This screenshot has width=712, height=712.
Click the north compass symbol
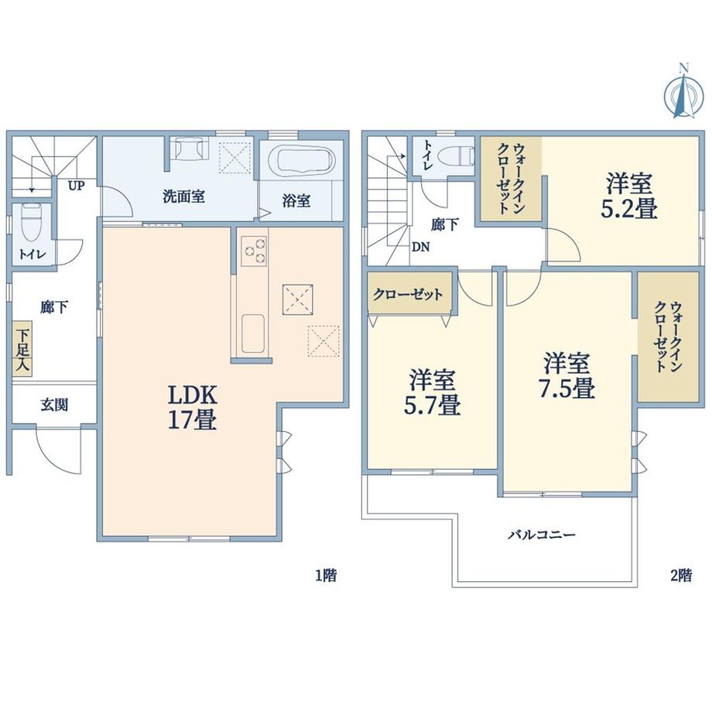(x=682, y=91)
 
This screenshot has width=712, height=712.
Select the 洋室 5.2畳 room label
(x=631, y=197)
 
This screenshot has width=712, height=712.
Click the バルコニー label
(x=541, y=535)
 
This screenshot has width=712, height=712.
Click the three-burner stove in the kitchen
(x=255, y=249)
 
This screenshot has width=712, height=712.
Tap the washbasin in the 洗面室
(x=188, y=149)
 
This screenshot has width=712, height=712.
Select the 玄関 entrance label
(x=53, y=404)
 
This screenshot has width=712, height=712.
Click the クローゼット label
(x=408, y=295)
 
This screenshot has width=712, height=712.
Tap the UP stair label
(x=76, y=186)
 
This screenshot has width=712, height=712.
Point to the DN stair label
(x=421, y=248)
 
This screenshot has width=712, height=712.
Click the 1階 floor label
(x=325, y=576)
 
